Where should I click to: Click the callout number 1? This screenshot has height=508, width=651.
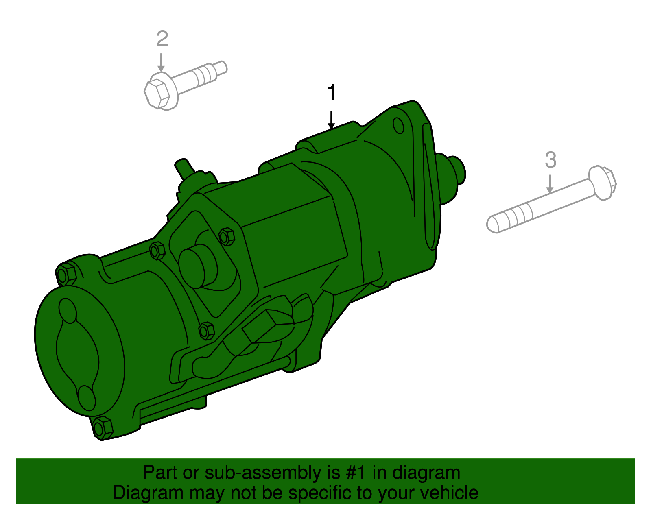pyautogui.click(x=332, y=93)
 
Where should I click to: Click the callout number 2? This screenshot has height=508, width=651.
pyautogui.click(x=162, y=39)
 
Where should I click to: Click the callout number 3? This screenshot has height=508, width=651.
pyautogui.click(x=550, y=160)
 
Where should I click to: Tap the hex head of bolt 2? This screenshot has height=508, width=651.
pyautogui.click(x=157, y=94)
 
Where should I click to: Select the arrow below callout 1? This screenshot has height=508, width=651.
pyautogui.click(x=332, y=120)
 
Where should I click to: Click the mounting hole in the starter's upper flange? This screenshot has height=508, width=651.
pyautogui.click(x=399, y=126)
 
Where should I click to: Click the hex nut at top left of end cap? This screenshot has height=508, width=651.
pyautogui.click(x=66, y=275)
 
